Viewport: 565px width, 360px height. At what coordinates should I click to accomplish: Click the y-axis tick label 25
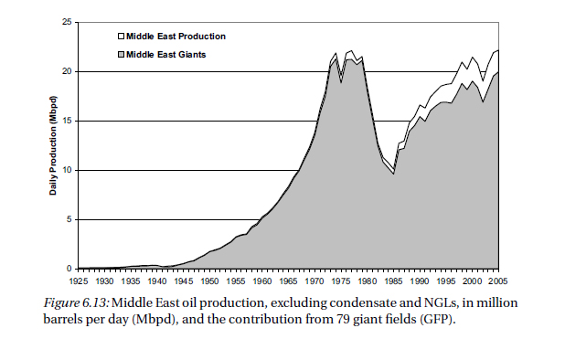tap(68, 22)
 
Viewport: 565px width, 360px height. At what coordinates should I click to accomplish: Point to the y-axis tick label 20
tap(68, 71)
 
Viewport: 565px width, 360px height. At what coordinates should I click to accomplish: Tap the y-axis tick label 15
tap(68, 121)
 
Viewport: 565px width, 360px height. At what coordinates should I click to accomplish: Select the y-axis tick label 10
tap(68, 170)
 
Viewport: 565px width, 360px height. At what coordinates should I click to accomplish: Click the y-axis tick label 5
tap(69, 219)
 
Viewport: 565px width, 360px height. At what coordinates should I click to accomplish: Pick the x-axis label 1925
tap(79, 281)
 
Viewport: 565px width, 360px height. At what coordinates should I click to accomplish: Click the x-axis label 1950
tap(209, 281)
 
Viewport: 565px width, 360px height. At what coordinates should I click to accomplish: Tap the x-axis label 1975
tap(341, 281)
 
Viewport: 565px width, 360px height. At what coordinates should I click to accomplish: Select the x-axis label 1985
tap(393, 281)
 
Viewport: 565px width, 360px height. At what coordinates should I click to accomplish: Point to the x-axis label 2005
tap(498, 281)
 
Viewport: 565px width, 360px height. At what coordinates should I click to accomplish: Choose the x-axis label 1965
tap(288, 281)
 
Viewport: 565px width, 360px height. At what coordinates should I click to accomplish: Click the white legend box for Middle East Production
tap(121, 36)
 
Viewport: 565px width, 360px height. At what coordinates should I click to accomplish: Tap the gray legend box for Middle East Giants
tap(121, 54)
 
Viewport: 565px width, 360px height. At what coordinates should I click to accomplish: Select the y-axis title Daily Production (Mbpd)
tap(53, 145)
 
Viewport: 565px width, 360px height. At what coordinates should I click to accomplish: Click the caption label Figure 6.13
tap(76, 302)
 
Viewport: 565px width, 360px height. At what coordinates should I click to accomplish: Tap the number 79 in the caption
tap(344, 319)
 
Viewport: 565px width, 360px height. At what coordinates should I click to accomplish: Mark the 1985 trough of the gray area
tap(394, 175)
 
